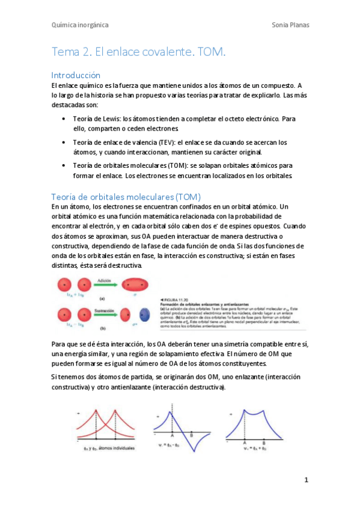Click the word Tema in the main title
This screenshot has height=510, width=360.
coord(66,53)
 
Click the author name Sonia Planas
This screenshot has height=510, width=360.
coord(290,25)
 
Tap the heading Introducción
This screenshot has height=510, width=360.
coord(76,76)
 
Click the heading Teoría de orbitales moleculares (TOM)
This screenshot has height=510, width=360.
coord(126,197)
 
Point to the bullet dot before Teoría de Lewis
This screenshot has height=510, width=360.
coord(64,119)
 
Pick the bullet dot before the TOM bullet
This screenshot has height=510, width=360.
coord(64,165)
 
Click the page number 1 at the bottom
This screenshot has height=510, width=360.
coord(306,480)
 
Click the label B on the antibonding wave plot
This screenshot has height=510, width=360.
coord(191,434)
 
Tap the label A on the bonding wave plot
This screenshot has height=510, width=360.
coord(244,443)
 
